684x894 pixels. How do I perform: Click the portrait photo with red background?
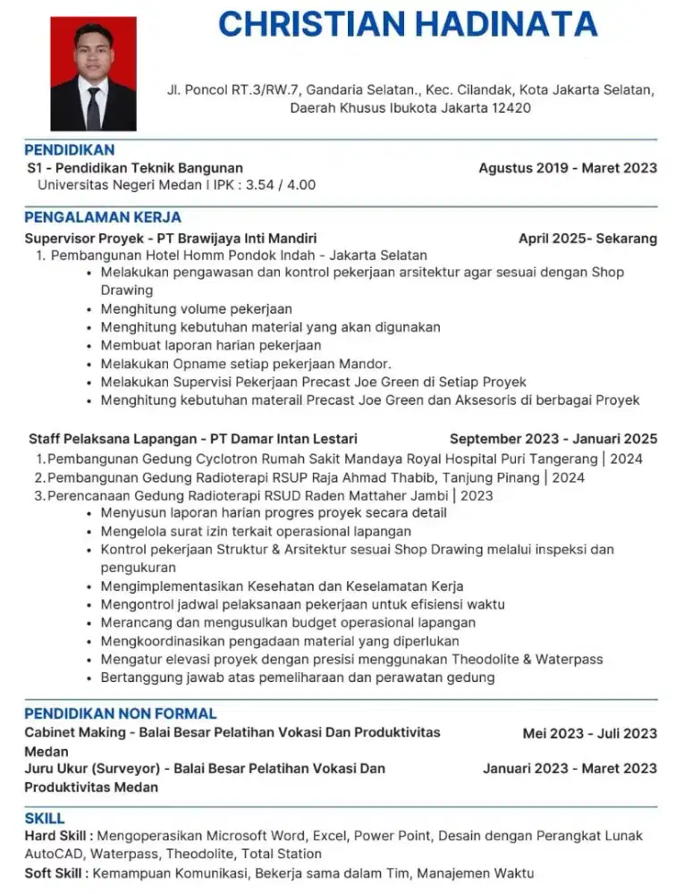click(x=93, y=74)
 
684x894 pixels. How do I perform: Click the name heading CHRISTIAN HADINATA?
click(x=408, y=24)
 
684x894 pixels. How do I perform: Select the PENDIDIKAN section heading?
click(x=70, y=150)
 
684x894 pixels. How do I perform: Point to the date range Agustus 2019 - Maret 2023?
click(x=568, y=168)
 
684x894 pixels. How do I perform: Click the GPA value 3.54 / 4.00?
click(x=280, y=185)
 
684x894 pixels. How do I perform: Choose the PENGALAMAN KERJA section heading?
click(x=103, y=217)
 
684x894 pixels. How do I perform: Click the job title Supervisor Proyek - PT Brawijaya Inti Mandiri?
click(x=171, y=239)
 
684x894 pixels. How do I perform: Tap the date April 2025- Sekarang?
click(x=587, y=239)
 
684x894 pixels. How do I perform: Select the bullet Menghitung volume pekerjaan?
click(x=196, y=309)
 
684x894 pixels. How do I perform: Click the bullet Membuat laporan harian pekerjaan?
click(x=211, y=345)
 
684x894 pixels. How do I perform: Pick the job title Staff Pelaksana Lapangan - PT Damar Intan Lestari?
click(x=193, y=439)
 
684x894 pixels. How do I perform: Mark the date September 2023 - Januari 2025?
click(x=553, y=439)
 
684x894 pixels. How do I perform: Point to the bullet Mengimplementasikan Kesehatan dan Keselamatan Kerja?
click(x=282, y=586)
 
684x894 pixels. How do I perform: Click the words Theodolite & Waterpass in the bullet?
click(x=527, y=659)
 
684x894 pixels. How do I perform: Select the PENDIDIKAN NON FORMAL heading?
click(x=121, y=713)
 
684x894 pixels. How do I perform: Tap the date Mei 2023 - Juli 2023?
click(x=589, y=734)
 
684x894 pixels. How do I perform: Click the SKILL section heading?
click(x=45, y=818)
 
